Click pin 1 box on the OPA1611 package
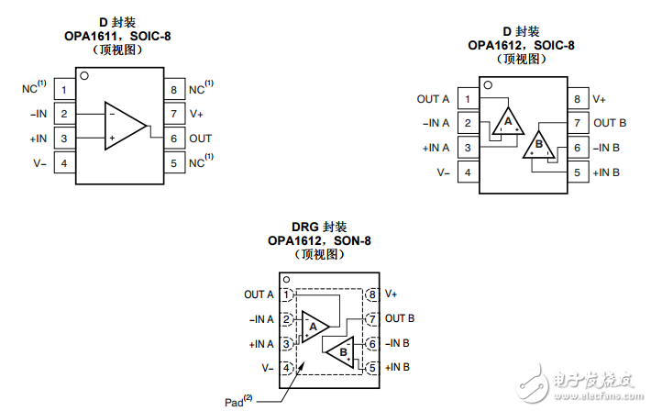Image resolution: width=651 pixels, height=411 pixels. coord(64,89)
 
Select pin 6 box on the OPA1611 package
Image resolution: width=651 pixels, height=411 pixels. coord(173,139)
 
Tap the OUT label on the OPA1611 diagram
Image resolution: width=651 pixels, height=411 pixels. coord(200,139)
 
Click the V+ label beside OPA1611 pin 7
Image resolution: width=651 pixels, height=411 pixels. coord(196,114)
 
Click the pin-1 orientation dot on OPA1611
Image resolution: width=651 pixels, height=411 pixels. coord(84,76)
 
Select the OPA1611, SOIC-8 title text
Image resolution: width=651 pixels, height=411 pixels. coord(123,37)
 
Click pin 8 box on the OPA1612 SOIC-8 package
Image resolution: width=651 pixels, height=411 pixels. coord(576,99)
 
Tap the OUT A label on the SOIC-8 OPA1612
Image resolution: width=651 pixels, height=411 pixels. coord(433,99)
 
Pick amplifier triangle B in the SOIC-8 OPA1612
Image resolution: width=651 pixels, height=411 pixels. coord(539,145)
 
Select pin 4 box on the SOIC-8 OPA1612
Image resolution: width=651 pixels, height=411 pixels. coord(469,172)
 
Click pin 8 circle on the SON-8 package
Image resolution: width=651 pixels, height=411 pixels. coord(370,294)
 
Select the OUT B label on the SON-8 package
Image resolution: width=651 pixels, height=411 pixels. coord(401,318)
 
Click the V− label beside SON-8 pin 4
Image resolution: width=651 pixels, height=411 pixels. coord(267,368)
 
